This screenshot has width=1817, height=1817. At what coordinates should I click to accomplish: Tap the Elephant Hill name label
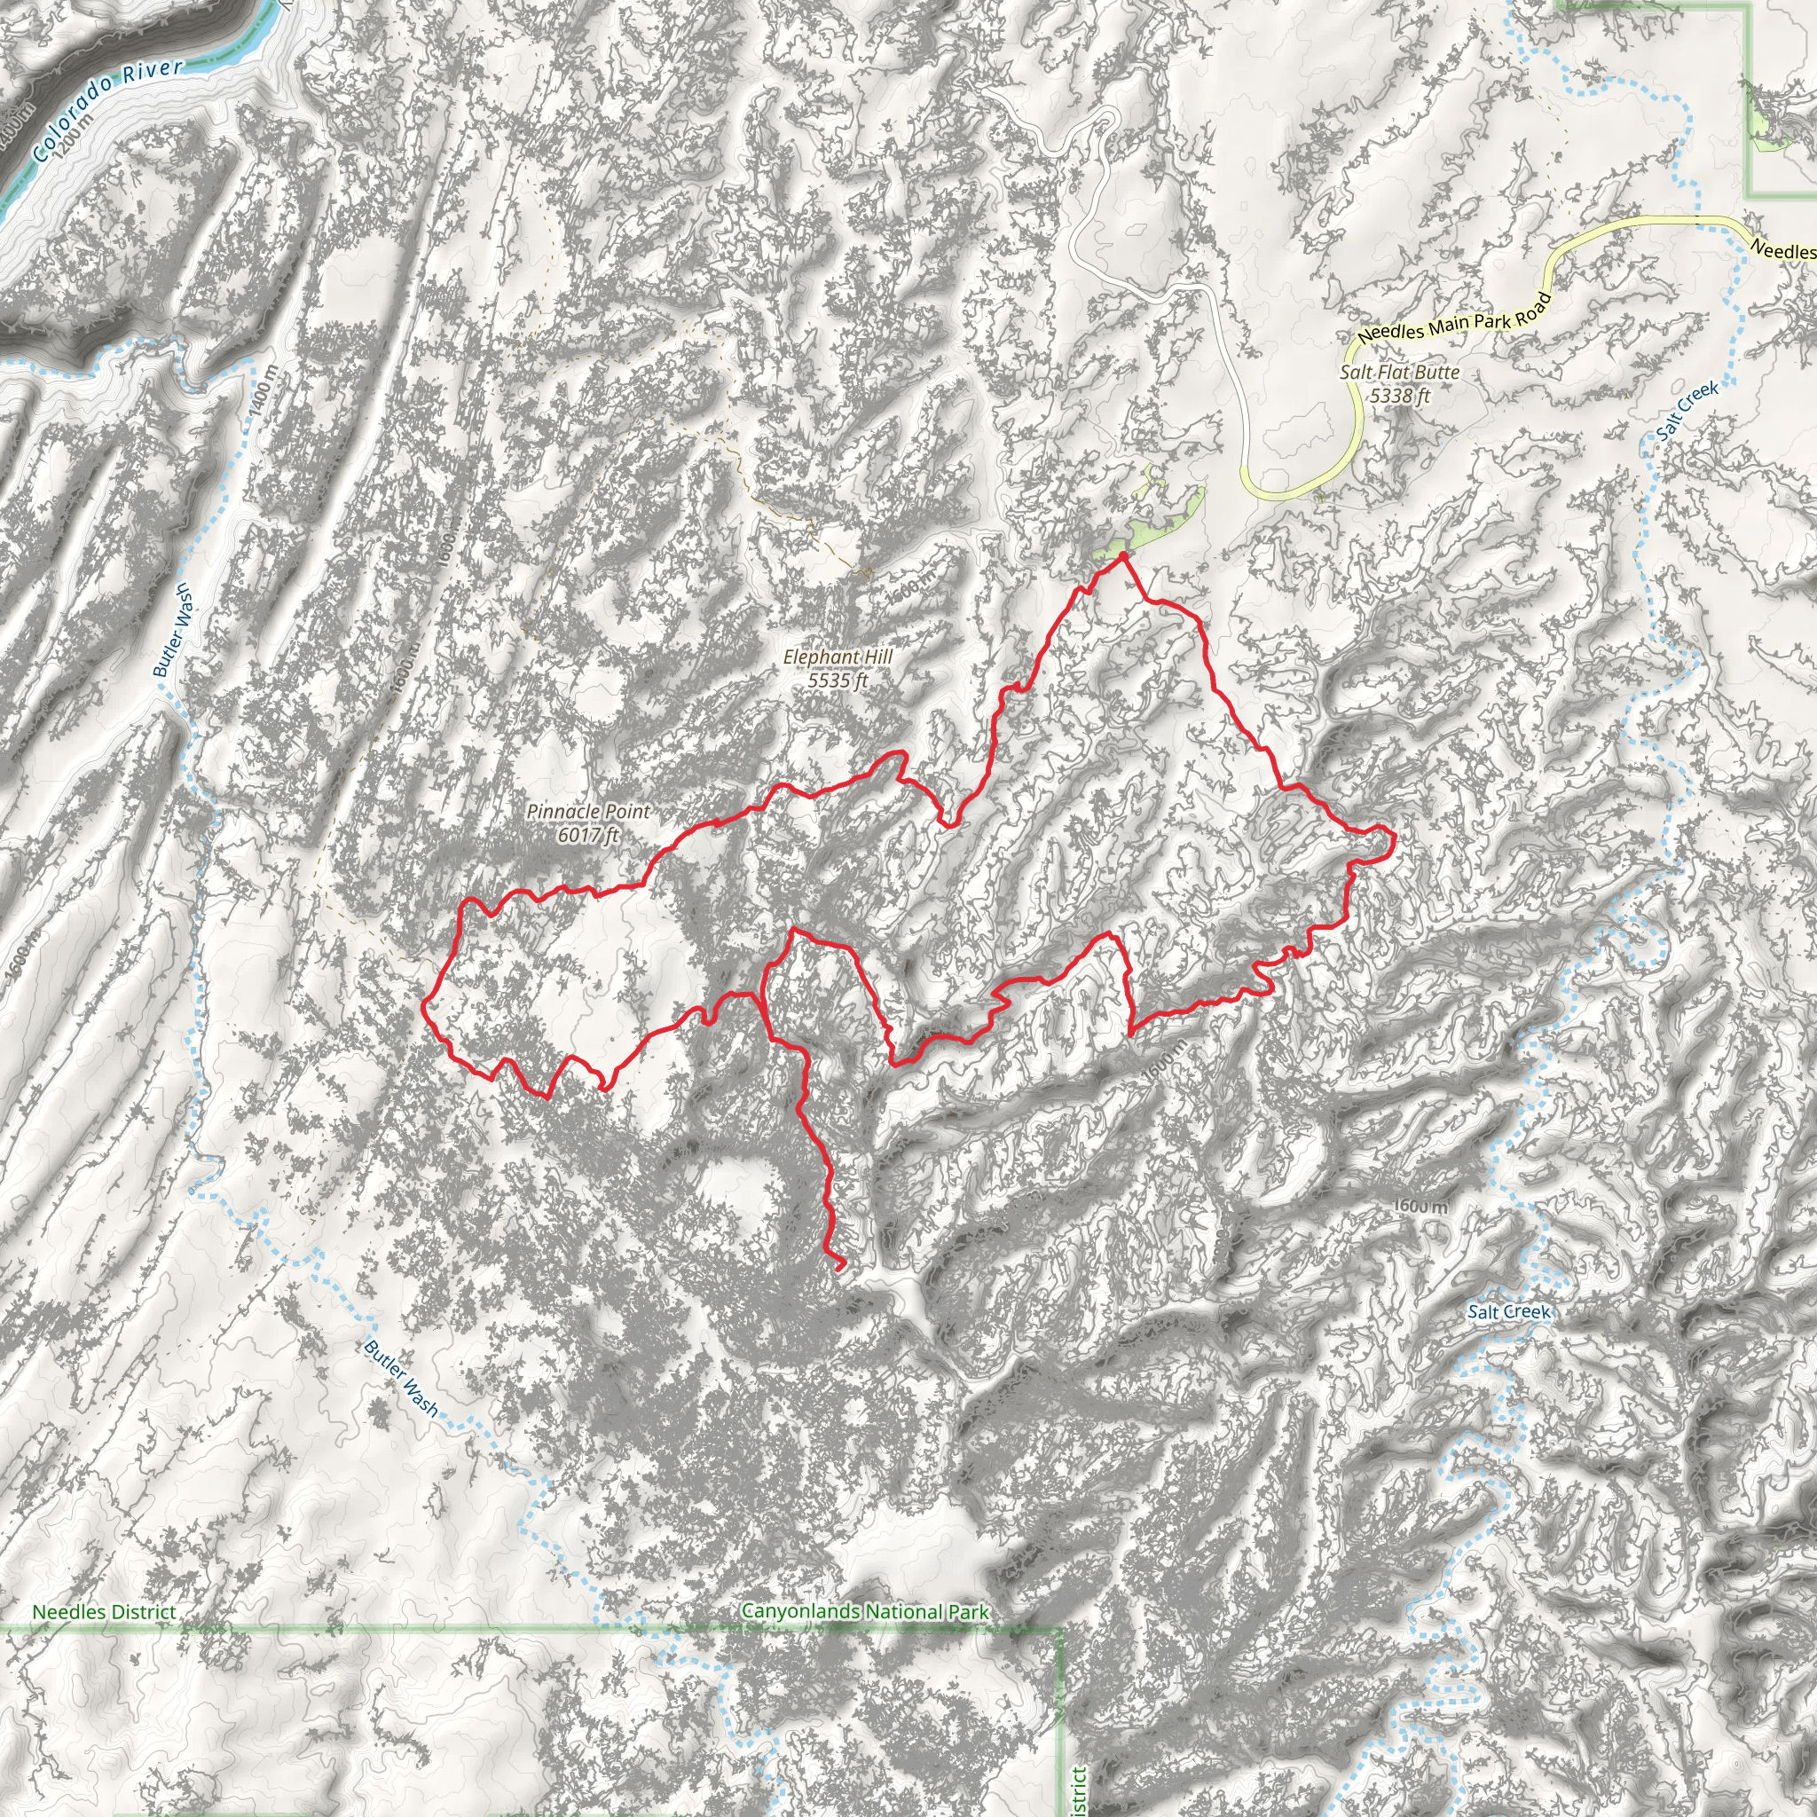pos(837,657)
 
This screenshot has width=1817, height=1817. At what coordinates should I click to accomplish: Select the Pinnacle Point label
pos(588,811)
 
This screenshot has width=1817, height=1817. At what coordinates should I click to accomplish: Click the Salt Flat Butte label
pos(1399,373)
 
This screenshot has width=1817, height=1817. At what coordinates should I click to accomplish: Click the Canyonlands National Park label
pos(864,1611)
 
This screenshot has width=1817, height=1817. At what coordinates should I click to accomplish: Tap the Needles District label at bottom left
pos(104,1612)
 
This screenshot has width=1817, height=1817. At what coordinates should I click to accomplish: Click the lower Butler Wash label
pos(401,1378)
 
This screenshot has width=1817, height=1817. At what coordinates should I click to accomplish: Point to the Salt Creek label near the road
pos(1688,411)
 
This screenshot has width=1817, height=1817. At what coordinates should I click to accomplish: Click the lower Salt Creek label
pos(1508,1312)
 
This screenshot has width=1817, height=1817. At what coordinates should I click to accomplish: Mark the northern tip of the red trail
pos(1123,557)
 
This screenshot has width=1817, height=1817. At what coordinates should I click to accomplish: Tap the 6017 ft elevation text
pos(588,834)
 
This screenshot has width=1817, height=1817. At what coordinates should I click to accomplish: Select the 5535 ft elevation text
pos(837,680)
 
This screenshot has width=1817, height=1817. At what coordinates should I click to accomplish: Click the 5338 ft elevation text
pos(1399,396)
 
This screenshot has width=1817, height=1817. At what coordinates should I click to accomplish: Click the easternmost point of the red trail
pos(1393,840)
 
